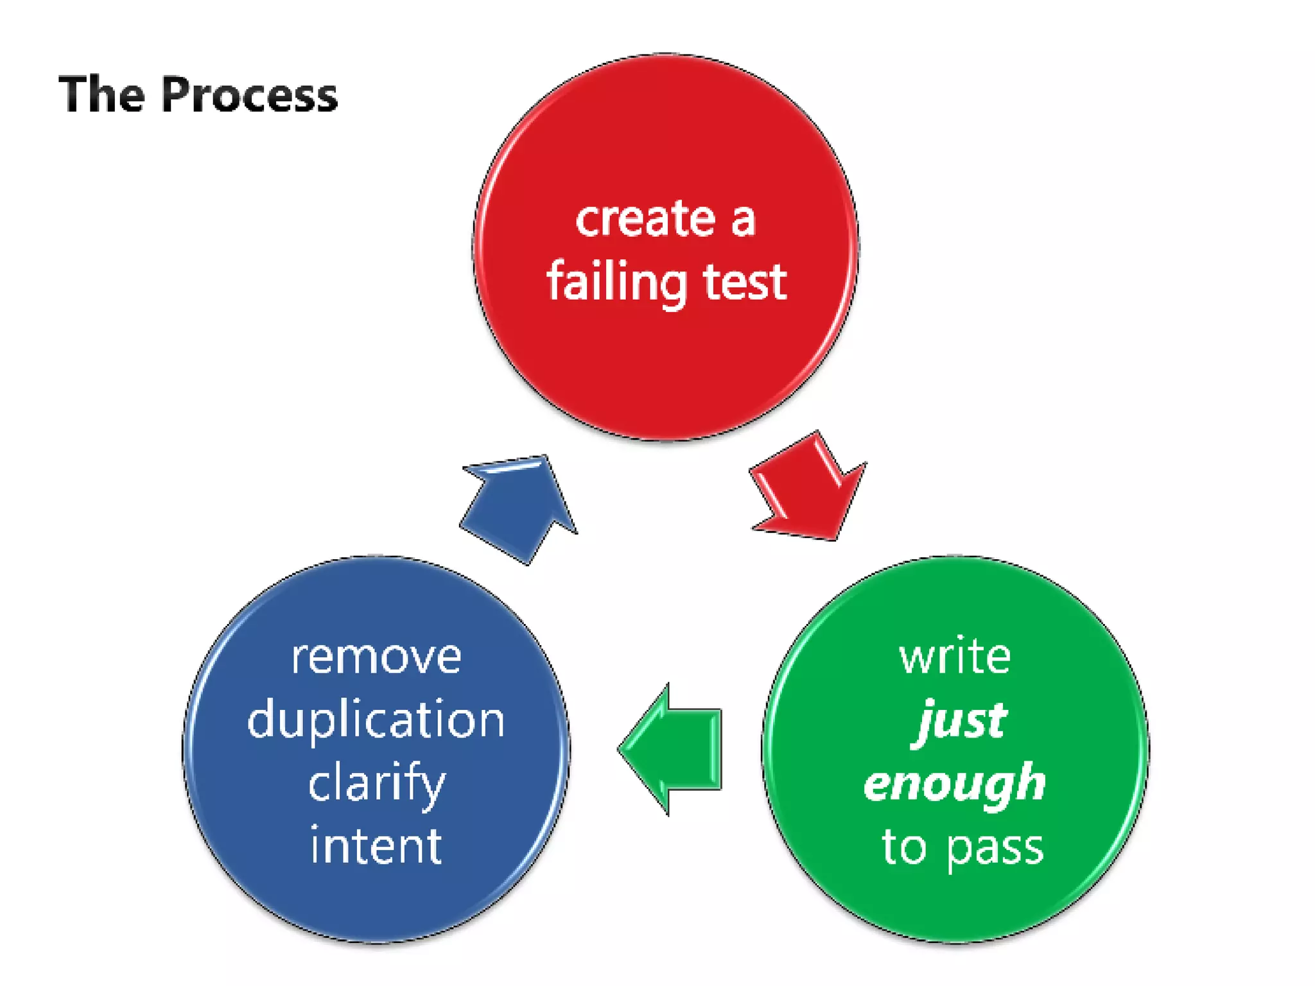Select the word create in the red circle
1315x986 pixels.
(645, 220)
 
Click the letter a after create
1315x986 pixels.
(743, 221)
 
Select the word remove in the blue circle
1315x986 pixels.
(376, 657)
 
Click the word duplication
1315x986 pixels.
(376, 720)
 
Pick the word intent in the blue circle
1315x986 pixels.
(376, 846)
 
